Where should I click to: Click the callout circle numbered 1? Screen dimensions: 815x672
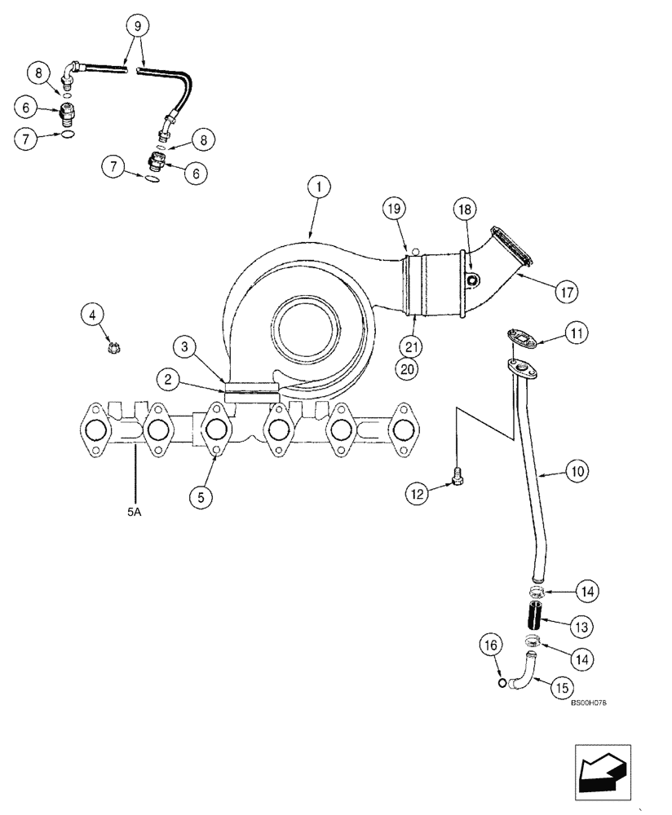[320, 187]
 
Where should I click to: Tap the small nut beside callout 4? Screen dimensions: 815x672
[113, 349]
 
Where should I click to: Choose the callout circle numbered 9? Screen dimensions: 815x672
[138, 27]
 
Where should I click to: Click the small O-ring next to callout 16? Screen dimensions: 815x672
[500, 681]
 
